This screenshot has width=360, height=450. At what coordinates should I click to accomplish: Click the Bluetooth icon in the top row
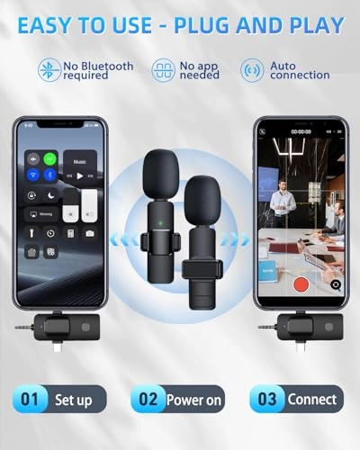(49, 70)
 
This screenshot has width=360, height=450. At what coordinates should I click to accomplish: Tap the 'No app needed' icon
(162, 70)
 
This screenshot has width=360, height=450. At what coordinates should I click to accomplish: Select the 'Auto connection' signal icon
(252, 70)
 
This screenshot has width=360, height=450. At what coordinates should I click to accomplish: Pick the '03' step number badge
(266, 399)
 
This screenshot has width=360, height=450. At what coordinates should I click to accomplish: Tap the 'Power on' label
(193, 399)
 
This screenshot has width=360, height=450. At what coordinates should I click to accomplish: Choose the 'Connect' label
(311, 399)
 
